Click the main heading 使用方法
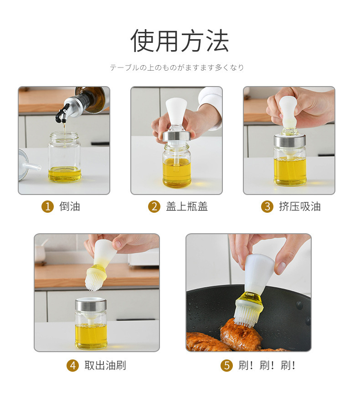click(x=180, y=41)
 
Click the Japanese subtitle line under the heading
click(x=177, y=67)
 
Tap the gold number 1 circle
click(x=47, y=206)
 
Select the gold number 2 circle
click(x=154, y=206)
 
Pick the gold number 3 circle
click(x=267, y=206)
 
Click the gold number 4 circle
click(x=72, y=365)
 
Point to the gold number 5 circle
click(x=226, y=365)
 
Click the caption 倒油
click(x=70, y=206)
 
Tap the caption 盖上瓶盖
click(x=187, y=206)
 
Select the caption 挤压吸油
click(x=300, y=206)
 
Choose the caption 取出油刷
click(x=105, y=365)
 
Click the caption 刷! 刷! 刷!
click(x=267, y=365)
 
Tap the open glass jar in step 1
click(x=64, y=157)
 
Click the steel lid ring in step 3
click(x=290, y=140)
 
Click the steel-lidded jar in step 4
click(x=91, y=323)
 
